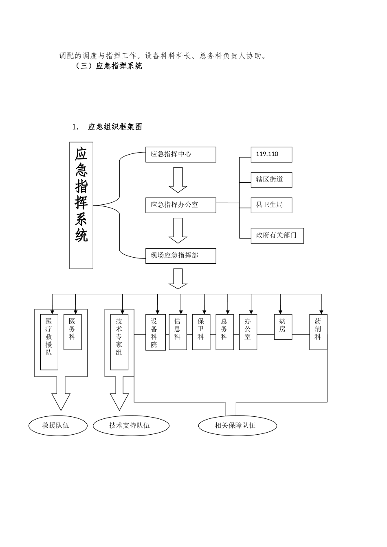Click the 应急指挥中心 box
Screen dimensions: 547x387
click(x=180, y=155)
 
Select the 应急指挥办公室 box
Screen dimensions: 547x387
click(x=180, y=205)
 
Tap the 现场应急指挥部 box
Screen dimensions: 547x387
click(x=180, y=256)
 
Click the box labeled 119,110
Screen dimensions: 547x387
click(x=271, y=155)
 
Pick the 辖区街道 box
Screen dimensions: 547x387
click(x=271, y=179)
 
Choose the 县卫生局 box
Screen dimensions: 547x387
click(x=271, y=205)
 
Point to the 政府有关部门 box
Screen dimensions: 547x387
click(x=277, y=236)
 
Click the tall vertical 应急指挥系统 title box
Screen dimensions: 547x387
click(x=81, y=205)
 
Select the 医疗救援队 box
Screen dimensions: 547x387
click(x=49, y=342)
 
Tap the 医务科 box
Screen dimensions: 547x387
click(x=73, y=332)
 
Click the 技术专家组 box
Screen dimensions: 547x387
click(x=119, y=342)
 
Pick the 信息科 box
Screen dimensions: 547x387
click(x=178, y=332)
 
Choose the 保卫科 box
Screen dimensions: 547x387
click(x=201, y=332)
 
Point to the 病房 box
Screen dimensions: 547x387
click(x=283, y=327)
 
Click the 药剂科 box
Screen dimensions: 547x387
click(x=318, y=332)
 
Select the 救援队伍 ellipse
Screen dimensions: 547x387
click(x=58, y=426)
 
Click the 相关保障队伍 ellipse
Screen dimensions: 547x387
click(x=237, y=426)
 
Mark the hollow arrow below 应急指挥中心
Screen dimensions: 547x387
click(x=178, y=180)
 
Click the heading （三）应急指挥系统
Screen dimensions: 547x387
click(x=109, y=66)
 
